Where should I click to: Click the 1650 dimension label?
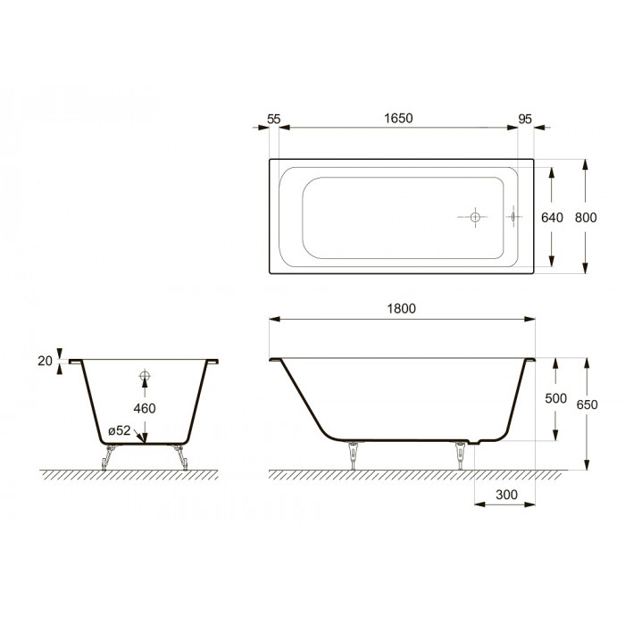398,119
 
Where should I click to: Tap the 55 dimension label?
274,119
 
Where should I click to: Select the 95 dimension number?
525,119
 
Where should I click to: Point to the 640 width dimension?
552,218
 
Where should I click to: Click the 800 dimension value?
586,218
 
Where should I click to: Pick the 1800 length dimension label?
402,309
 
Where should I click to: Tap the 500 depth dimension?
555,398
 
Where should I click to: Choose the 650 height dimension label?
587,404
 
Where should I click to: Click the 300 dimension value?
506,495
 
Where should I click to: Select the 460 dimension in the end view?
145,409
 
